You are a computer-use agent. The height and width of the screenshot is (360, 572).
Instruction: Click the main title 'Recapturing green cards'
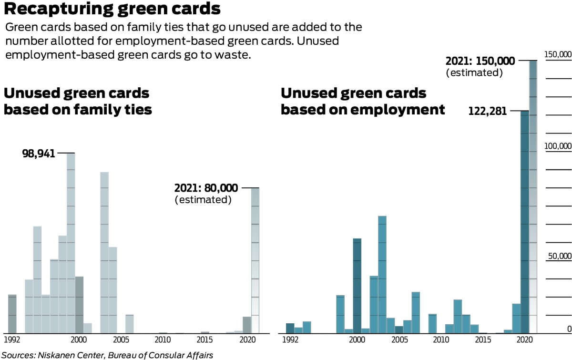tap(112, 9)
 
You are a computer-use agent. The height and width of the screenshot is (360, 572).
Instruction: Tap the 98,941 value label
tap(39, 154)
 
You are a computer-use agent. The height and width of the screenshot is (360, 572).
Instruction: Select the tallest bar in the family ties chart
tap(71, 243)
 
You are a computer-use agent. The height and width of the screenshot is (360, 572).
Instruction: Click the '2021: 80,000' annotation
tap(206, 188)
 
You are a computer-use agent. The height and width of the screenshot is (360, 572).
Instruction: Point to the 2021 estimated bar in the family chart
tap(255, 261)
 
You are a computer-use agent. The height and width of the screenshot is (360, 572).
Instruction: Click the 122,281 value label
tap(488, 111)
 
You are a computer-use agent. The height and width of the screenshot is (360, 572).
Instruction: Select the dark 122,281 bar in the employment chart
tap(525, 222)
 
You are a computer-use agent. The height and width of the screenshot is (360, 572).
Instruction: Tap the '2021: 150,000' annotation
tap(480, 61)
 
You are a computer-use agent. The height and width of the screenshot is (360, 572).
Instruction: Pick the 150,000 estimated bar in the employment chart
tap(533, 197)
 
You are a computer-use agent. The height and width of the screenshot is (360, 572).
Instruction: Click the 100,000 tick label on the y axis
tap(558, 146)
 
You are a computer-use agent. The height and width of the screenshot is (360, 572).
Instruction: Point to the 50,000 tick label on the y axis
tap(560, 256)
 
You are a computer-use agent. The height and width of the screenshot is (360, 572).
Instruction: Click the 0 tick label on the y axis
tap(569, 329)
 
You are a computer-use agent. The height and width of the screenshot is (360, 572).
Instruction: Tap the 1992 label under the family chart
tap(12, 340)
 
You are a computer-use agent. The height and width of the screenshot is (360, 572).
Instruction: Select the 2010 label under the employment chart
tap(441, 340)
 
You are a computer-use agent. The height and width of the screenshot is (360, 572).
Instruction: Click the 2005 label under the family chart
tap(121, 340)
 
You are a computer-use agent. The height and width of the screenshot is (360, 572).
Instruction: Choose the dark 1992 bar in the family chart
tap(12, 314)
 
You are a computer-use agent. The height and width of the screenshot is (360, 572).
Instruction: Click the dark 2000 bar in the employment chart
tap(357, 286)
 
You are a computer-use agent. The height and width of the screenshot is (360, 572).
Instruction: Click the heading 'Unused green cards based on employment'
tap(363, 101)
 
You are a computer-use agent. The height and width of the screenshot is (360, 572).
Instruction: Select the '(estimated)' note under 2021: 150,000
tap(474, 73)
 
